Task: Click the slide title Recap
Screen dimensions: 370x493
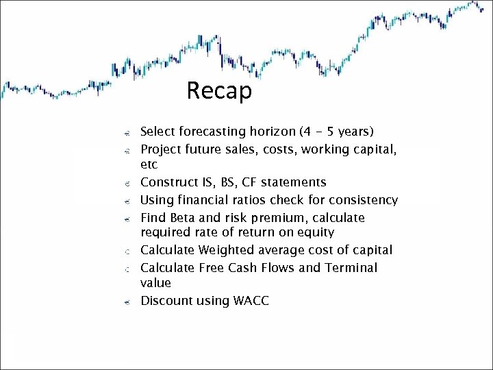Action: tap(219, 90)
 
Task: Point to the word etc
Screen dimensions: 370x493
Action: tap(149, 165)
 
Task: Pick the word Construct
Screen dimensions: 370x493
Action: tap(168, 182)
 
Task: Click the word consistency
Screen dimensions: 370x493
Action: tap(360, 200)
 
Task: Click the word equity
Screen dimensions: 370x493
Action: tap(314, 233)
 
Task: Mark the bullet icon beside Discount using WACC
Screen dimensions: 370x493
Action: tap(127, 301)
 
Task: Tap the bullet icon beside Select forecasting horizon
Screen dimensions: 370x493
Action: tap(127, 132)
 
